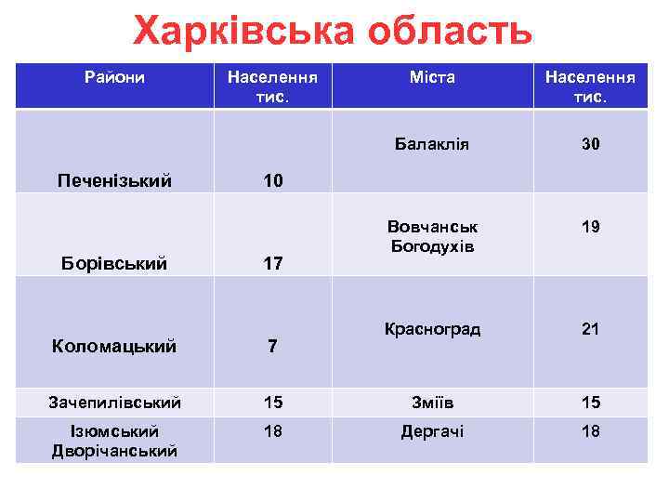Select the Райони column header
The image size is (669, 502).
point(114,77)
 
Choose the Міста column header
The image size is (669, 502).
point(432,77)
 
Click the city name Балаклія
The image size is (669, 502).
point(431,144)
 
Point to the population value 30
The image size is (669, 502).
point(591,144)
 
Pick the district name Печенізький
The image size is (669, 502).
point(114,179)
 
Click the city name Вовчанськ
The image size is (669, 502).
point(431,227)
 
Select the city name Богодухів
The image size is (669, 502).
point(431,246)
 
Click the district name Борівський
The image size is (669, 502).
point(114,263)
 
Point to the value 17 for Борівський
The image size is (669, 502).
point(272,264)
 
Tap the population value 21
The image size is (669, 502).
point(591,329)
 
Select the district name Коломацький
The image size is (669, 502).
point(114,346)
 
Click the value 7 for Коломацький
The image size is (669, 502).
point(272,347)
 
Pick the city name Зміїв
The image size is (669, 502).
point(431,403)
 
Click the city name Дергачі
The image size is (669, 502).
point(431,431)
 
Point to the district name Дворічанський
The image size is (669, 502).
point(114,451)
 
